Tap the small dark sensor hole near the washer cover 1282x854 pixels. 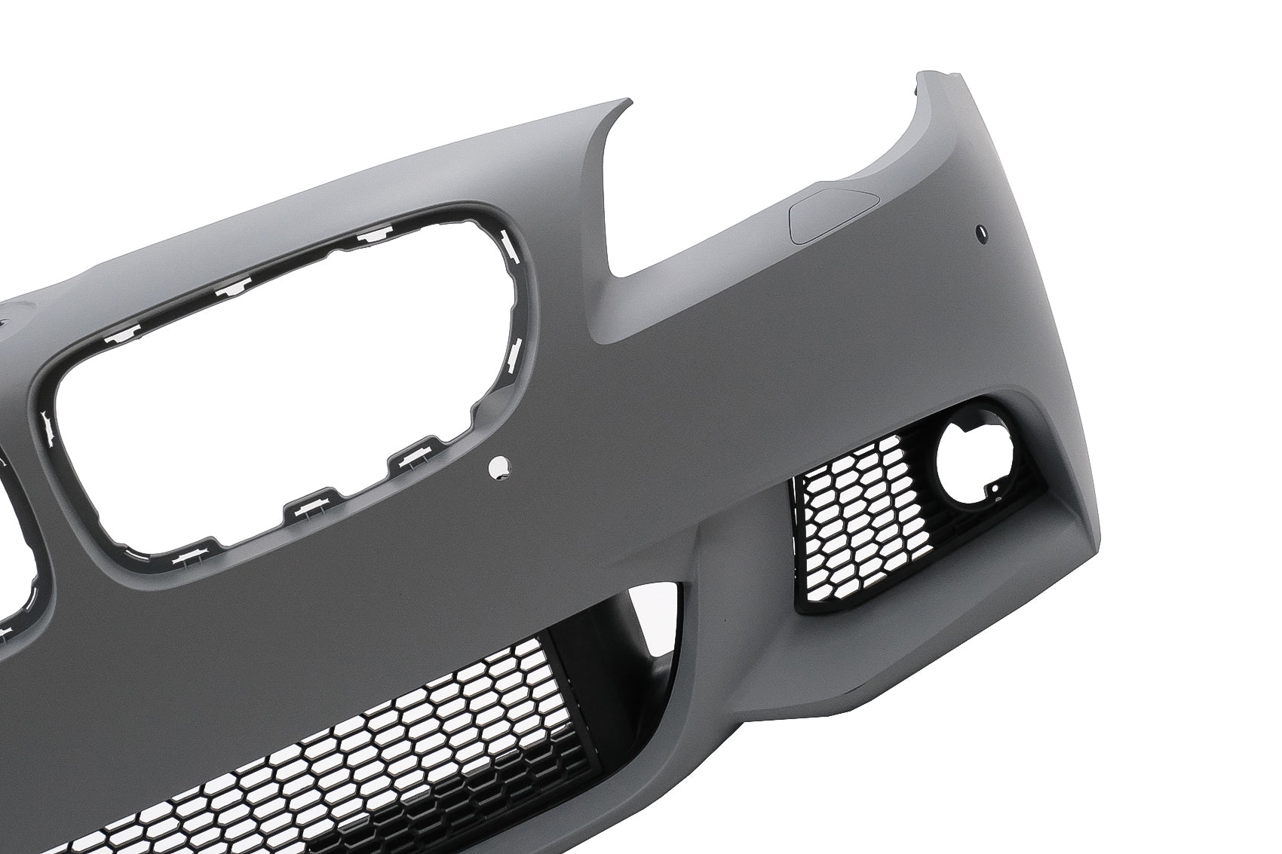983,227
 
